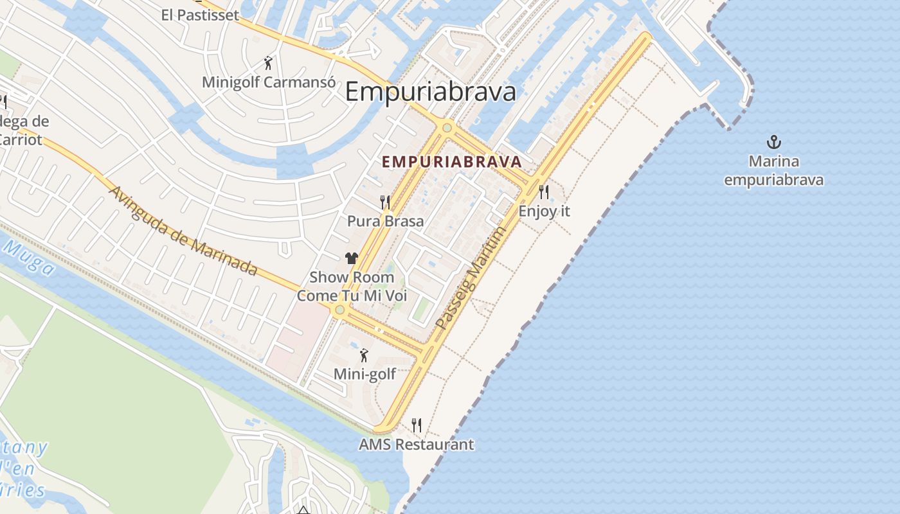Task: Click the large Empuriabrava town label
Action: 430,92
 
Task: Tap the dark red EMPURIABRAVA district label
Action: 451,161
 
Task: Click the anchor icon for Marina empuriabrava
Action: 774,141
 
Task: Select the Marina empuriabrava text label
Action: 773,170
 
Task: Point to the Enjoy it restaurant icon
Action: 544,191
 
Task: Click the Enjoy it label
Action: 544,211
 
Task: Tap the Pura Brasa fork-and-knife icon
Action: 385,202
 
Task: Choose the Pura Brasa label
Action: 385,221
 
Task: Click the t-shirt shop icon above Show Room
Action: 351,258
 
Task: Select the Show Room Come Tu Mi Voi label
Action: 352,287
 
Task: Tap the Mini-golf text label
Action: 364,373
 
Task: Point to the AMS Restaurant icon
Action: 417,425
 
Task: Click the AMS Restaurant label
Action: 416,444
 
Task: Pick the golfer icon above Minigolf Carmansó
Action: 269,63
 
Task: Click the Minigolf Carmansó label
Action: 269,82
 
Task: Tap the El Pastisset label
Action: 200,15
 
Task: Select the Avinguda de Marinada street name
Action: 183,231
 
